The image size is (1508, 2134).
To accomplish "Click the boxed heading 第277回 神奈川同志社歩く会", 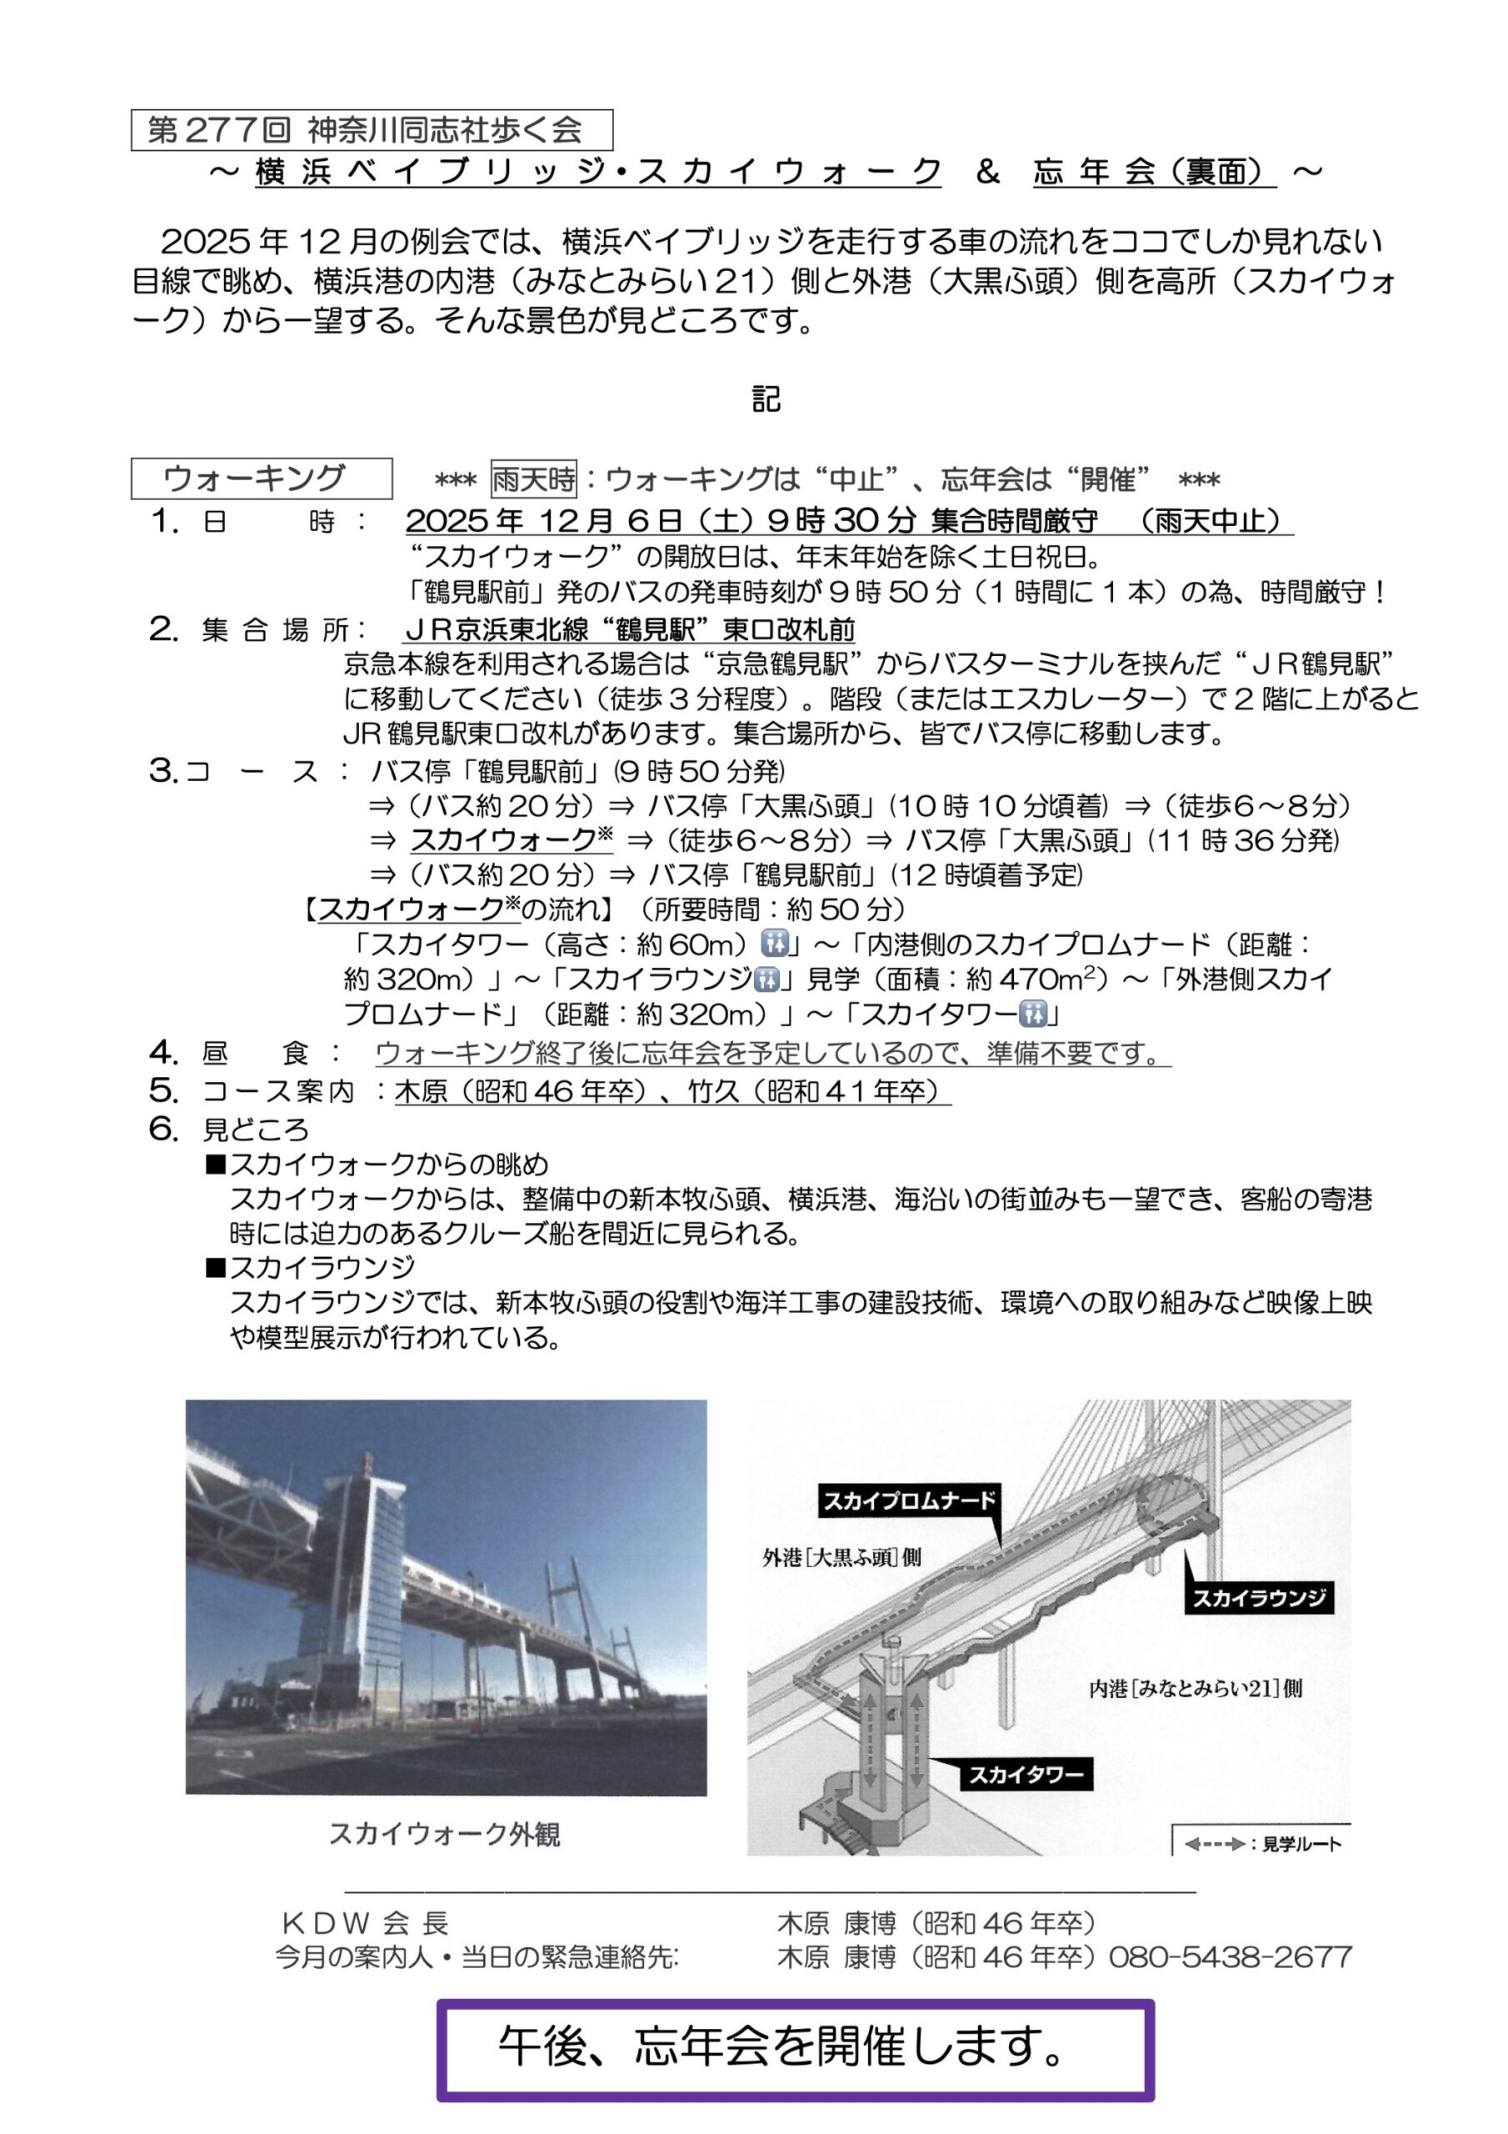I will click(372, 130).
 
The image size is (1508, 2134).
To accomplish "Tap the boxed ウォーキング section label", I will click(261, 478).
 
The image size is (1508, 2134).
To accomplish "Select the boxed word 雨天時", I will click(533, 479).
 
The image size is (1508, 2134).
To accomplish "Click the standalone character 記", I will click(766, 399).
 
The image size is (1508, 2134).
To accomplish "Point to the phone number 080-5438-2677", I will click(1231, 1956).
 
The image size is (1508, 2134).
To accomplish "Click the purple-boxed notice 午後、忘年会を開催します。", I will click(796, 2046).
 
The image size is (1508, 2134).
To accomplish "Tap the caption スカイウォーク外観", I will click(444, 1834).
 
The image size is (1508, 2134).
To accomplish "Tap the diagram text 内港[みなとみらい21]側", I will click(1196, 1688).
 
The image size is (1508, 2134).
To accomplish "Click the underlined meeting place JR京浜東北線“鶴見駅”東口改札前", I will click(629, 630).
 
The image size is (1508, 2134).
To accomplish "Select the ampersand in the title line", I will click(987, 172).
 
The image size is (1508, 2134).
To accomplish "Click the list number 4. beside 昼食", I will click(163, 1053).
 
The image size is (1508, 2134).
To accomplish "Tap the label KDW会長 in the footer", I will click(365, 1922).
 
